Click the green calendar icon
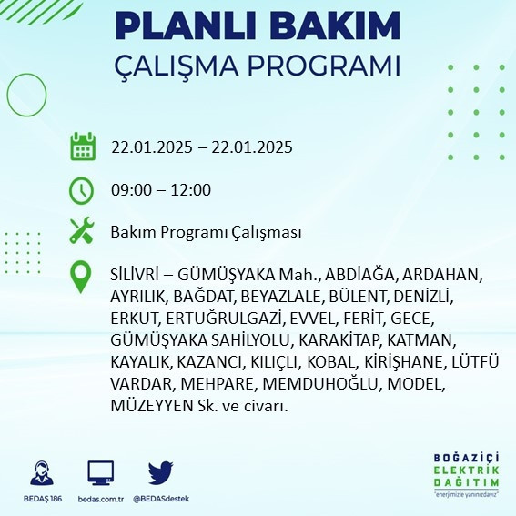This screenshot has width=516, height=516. [83, 147]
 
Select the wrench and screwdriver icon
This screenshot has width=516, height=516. [83, 232]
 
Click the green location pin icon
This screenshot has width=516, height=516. [83, 277]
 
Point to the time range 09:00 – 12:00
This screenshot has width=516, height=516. [161, 190]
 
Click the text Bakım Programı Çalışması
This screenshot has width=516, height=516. [206, 233]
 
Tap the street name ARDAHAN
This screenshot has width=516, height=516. [441, 275]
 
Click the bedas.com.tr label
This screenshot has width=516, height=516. [100, 499]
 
